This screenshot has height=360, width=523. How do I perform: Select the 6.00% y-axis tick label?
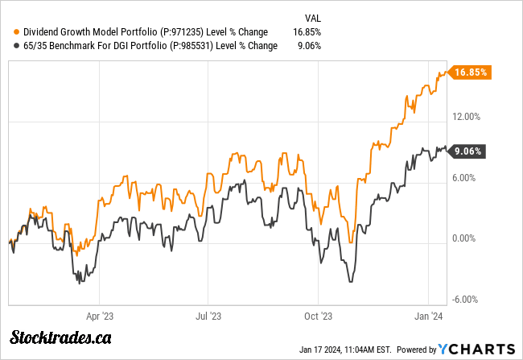point(466,178)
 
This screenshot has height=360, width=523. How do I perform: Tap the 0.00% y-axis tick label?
point(466,239)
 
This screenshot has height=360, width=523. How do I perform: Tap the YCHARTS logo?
point(476,348)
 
